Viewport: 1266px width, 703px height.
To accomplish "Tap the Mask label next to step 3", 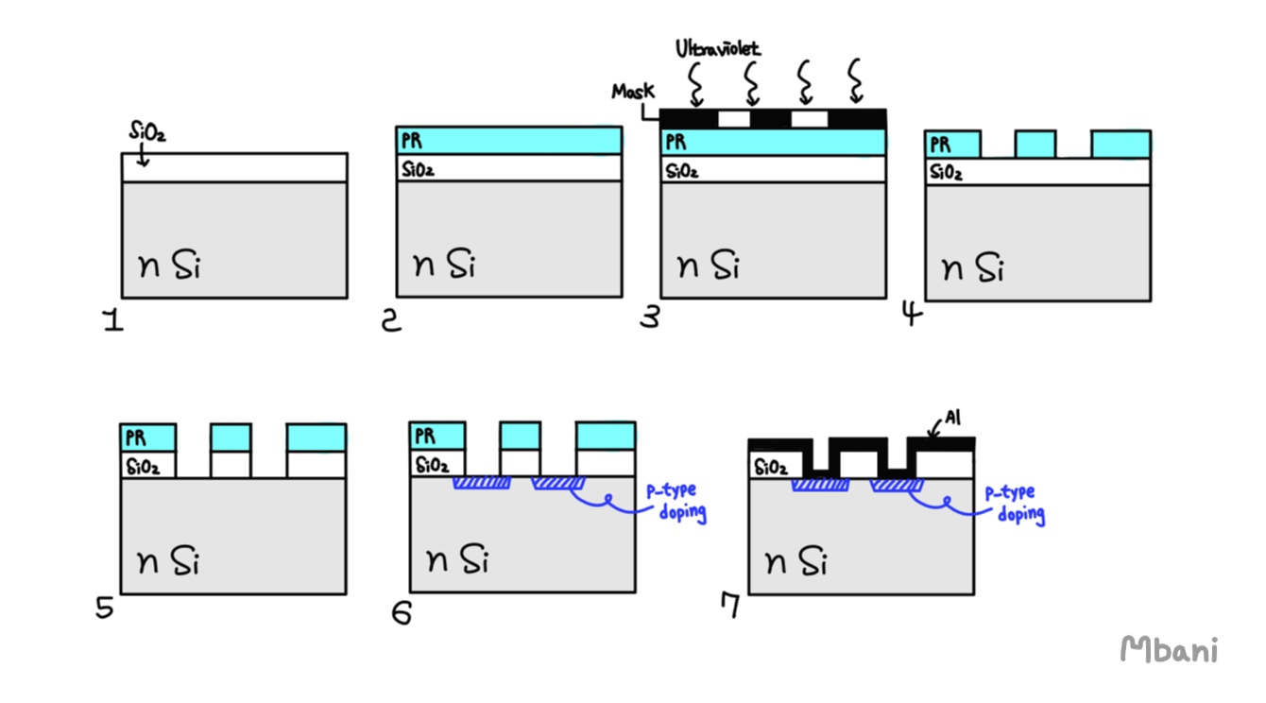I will pyautogui.click(x=633, y=92).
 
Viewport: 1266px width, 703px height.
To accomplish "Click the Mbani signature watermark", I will pyautogui.click(x=1169, y=649).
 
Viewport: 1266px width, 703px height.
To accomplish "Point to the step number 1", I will pyautogui.click(x=113, y=322).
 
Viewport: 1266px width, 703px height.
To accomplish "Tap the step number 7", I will pyautogui.click(x=728, y=607).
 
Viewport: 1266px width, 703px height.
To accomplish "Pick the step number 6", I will pyautogui.click(x=402, y=612).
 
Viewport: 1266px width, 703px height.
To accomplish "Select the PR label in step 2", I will pyautogui.click(x=411, y=141).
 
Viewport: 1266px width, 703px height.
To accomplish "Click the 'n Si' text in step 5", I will pyautogui.click(x=170, y=562).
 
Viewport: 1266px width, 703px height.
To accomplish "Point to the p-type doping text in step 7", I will pyautogui.click(x=1014, y=504).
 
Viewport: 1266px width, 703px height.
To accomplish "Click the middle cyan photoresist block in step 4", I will pyautogui.click(x=1035, y=144).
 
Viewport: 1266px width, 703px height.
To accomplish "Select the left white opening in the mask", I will pyautogui.click(x=734, y=119).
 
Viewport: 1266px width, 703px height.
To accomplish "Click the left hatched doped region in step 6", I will pyautogui.click(x=481, y=483).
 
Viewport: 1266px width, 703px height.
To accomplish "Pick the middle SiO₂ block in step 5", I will pyautogui.click(x=231, y=465).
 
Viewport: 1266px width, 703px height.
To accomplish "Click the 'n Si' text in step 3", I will pyautogui.click(x=710, y=266).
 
